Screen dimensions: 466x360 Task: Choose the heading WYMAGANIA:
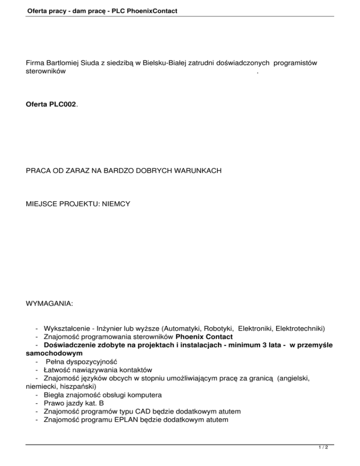coord(49,304)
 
